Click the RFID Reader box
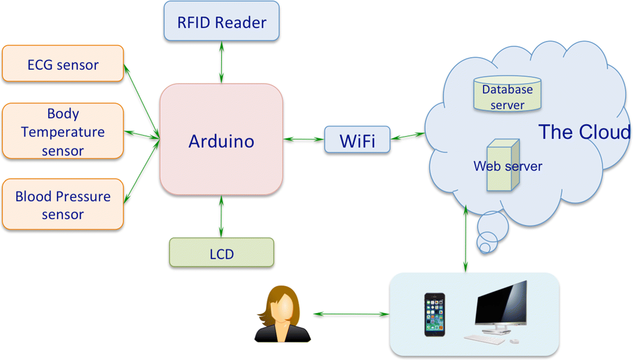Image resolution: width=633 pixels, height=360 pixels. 221,21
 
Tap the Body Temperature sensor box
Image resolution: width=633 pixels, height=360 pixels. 63,131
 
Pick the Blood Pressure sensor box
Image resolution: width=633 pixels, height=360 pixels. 63,204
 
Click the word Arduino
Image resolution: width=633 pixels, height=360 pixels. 221,141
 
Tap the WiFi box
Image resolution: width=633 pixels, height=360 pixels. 357,140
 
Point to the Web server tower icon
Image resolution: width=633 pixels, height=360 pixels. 503,165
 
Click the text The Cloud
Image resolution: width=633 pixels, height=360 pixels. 584,132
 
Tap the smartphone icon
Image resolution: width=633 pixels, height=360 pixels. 435,314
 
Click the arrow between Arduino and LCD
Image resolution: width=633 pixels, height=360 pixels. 221,216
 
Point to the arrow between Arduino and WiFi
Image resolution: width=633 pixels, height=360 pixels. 304,140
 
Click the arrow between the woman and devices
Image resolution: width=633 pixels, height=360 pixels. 350,314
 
